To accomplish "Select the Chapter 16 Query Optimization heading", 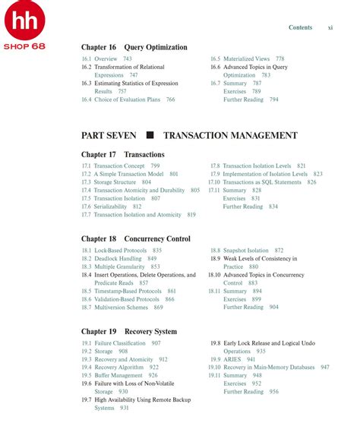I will tap(134, 47).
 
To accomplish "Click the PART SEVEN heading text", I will tap(109, 135).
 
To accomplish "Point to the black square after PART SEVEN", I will tap(150, 135).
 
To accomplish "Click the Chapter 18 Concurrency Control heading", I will tap(135, 238).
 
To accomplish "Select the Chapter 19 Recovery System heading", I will tap(128, 332).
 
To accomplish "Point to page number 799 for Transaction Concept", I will tap(154, 166).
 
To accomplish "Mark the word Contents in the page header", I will tap(300, 27).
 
